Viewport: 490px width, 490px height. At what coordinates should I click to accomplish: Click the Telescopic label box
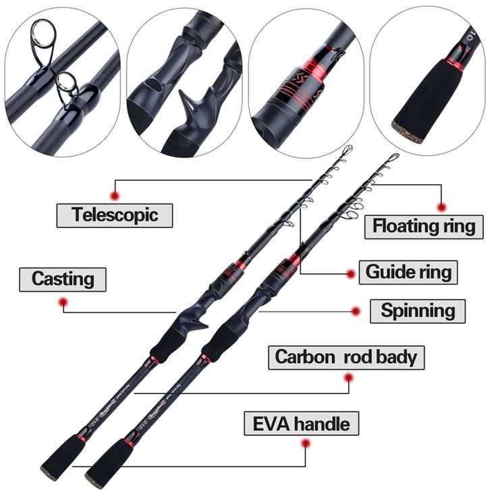tap(114, 215)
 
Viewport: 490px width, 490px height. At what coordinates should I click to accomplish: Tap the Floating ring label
tap(424, 225)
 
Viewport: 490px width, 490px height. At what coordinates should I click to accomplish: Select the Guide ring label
tap(408, 272)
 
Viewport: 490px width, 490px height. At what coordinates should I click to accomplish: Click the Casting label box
tap(63, 278)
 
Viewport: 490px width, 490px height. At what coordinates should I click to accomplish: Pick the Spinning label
tap(417, 310)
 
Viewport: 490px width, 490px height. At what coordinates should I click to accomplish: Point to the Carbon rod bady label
tap(346, 356)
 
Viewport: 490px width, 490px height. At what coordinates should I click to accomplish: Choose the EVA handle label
tap(301, 424)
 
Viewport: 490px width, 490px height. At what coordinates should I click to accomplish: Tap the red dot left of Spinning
tap(356, 311)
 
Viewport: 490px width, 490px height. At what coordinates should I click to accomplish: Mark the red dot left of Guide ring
tap(351, 273)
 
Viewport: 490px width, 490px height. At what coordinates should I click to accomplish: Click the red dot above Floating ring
tap(442, 207)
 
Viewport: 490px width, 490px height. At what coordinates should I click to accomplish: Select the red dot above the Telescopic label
tap(115, 195)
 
